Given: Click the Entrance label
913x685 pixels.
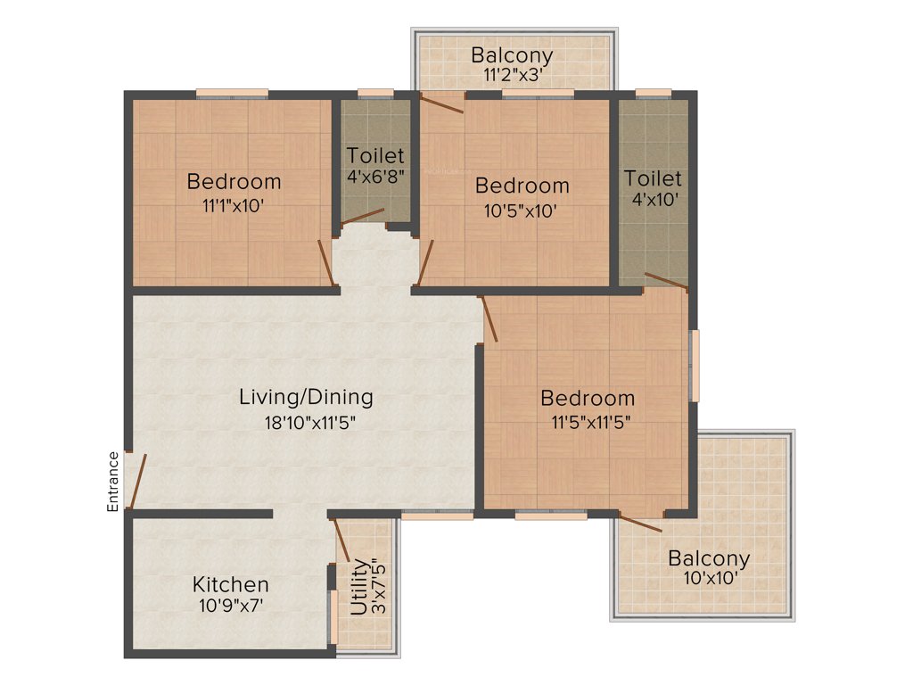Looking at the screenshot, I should pos(113,482).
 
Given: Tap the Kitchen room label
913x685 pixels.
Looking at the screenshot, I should pos(231,585).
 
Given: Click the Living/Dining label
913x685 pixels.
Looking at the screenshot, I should pos(306,398).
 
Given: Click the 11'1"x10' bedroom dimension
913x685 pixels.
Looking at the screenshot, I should pos(233,205).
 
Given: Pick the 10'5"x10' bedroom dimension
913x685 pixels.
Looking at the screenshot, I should pos(522,210).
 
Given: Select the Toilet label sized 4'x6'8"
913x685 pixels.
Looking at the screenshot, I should pos(375,156).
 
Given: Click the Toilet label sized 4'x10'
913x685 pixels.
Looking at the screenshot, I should pos(653,178).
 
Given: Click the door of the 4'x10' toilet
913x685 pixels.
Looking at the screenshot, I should pos(666,282).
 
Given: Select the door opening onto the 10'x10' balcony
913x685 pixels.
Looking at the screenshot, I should pos(640,524).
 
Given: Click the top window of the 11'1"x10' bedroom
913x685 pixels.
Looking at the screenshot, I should pos(232,91).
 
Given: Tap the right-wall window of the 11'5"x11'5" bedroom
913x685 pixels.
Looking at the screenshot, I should pos(695,366).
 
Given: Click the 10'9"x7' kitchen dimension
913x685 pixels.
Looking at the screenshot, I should pos(231,606).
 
